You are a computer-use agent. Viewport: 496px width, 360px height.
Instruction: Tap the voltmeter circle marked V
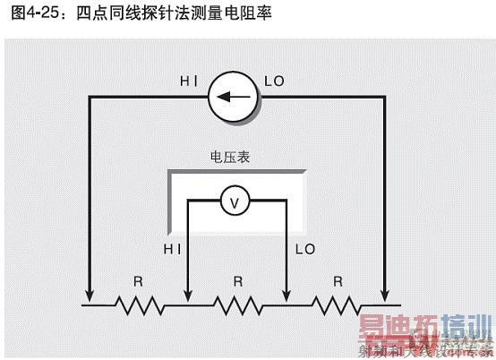235,204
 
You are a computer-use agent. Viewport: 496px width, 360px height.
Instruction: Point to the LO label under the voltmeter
304,244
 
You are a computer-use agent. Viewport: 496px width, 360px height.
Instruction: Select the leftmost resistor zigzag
139,306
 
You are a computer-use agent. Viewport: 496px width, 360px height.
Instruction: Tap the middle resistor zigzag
237,306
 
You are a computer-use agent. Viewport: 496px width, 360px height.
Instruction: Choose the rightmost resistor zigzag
336,306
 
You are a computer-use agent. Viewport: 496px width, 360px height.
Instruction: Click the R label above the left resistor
139,280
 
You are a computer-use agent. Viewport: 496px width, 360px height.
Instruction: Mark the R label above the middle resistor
237,280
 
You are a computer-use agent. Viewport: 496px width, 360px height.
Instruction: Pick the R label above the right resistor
337,280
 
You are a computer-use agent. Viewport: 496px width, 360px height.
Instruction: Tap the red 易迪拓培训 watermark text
426,327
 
